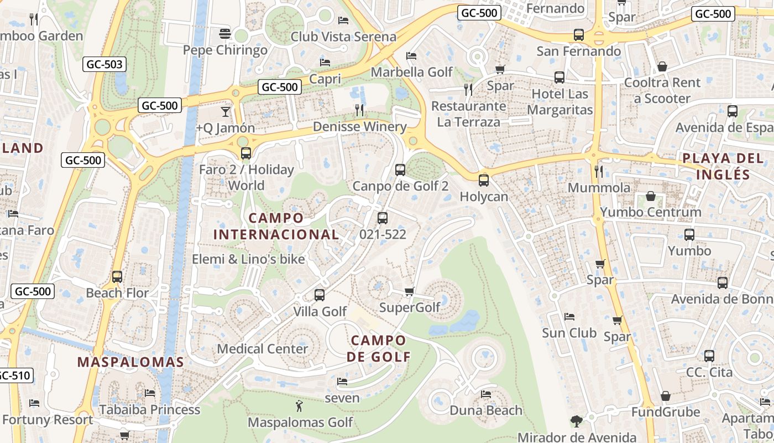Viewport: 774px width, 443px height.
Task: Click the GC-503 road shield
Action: click(104, 64)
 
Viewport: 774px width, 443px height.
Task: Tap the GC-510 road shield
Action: click(13, 375)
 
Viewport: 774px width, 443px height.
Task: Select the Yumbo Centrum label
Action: click(650, 212)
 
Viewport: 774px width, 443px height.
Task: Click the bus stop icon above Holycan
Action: click(484, 180)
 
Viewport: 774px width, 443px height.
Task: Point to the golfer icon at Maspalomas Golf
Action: click(299, 406)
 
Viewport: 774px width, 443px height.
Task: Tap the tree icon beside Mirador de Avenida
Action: click(576, 421)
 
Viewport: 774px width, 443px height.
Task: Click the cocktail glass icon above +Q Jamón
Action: click(225, 112)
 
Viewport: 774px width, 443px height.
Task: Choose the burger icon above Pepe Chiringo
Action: click(224, 34)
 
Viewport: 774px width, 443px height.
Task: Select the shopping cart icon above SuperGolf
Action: click(409, 291)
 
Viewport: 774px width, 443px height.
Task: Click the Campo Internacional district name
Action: click(276, 226)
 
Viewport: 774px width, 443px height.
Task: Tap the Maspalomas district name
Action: click(130, 362)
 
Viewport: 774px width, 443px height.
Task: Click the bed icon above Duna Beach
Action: click(486, 394)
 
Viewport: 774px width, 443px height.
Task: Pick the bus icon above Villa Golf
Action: click(320, 295)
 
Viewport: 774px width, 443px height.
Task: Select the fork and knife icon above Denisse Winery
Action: click(359, 110)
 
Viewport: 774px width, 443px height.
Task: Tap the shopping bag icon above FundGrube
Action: click(666, 396)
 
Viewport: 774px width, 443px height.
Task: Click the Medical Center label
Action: click(262, 349)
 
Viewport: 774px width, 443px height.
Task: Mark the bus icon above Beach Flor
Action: click(117, 276)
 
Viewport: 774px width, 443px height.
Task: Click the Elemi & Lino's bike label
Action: click(248, 259)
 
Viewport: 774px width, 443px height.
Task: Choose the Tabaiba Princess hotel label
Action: click(149, 410)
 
